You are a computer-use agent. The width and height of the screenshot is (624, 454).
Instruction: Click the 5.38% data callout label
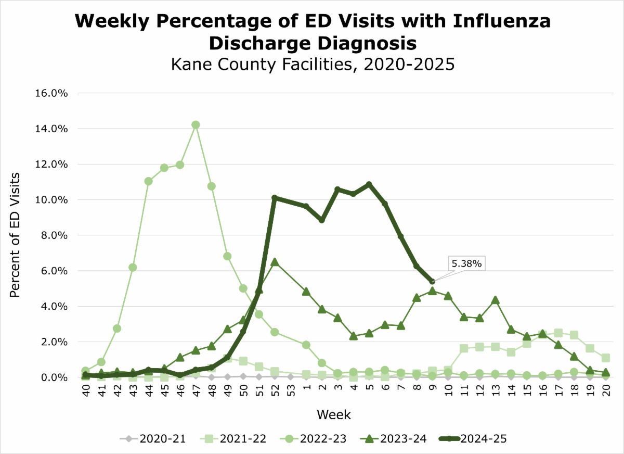466,264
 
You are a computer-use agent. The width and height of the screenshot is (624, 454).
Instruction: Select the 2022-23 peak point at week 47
196,125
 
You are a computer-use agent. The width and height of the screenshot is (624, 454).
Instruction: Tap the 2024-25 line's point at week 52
275,198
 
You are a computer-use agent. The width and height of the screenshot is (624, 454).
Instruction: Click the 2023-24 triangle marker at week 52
275,262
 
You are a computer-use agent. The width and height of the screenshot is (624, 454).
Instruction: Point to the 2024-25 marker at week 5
369,184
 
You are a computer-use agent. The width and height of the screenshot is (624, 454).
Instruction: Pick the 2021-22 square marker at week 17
558,333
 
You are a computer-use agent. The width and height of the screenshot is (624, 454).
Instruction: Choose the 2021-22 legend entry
234,439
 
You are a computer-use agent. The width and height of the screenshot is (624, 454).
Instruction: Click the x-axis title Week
333,415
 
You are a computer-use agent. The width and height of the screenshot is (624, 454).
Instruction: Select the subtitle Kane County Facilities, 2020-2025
312,65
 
